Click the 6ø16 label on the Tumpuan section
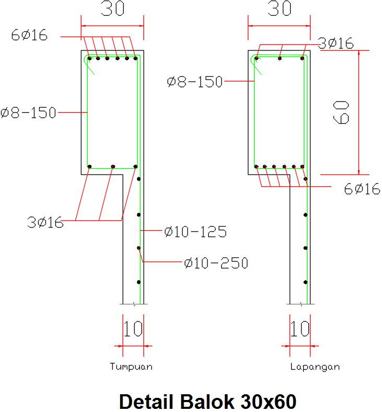[29, 35]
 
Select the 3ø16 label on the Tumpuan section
[45, 222]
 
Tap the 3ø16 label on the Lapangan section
[336, 43]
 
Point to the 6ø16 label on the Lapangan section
[362, 189]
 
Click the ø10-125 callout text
[195, 232]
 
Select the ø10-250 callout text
[216, 263]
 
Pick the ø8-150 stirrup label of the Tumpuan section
[28, 113]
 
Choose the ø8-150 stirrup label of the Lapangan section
[195, 81]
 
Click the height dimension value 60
[342, 112]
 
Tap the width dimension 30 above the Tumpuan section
[112, 10]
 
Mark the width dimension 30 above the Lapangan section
[279, 10]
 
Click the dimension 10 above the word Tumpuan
[133, 329]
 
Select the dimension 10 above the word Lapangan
[300, 329]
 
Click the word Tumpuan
[131, 367]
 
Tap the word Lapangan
[315, 367]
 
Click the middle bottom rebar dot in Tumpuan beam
[113, 167]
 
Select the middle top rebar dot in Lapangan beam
[280, 58]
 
